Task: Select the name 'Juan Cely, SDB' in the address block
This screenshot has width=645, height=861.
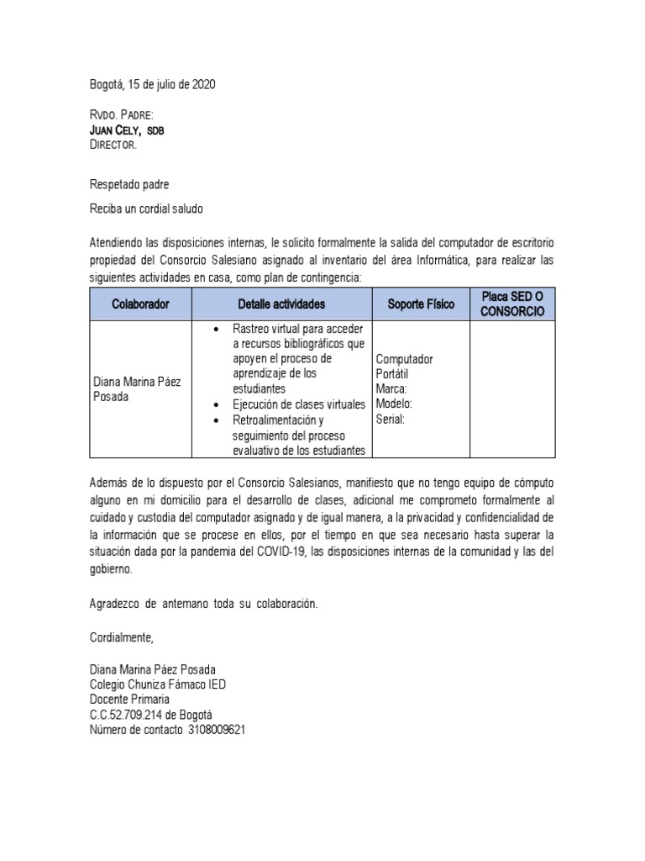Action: click(x=126, y=130)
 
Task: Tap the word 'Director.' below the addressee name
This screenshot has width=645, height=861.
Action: click(x=113, y=145)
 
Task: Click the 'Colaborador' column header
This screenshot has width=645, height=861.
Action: click(x=140, y=304)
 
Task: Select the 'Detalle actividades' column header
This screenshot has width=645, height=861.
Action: click(x=281, y=304)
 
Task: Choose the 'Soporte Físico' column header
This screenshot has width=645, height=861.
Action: click(x=421, y=304)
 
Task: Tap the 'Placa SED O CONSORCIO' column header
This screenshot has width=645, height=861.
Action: click(x=512, y=304)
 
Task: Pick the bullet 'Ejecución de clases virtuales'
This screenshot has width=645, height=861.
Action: click(x=298, y=404)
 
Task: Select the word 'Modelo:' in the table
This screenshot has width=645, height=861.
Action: click(x=395, y=404)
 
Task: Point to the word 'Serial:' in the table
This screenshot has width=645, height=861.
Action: click(x=391, y=419)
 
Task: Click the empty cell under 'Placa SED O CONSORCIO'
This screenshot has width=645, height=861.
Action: click(x=512, y=389)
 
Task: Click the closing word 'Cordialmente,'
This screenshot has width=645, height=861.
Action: click(x=122, y=637)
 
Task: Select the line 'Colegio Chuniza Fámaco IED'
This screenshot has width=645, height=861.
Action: click(x=158, y=684)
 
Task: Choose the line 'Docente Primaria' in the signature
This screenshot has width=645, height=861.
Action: click(x=129, y=700)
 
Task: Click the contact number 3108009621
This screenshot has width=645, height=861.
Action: click(x=217, y=729)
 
